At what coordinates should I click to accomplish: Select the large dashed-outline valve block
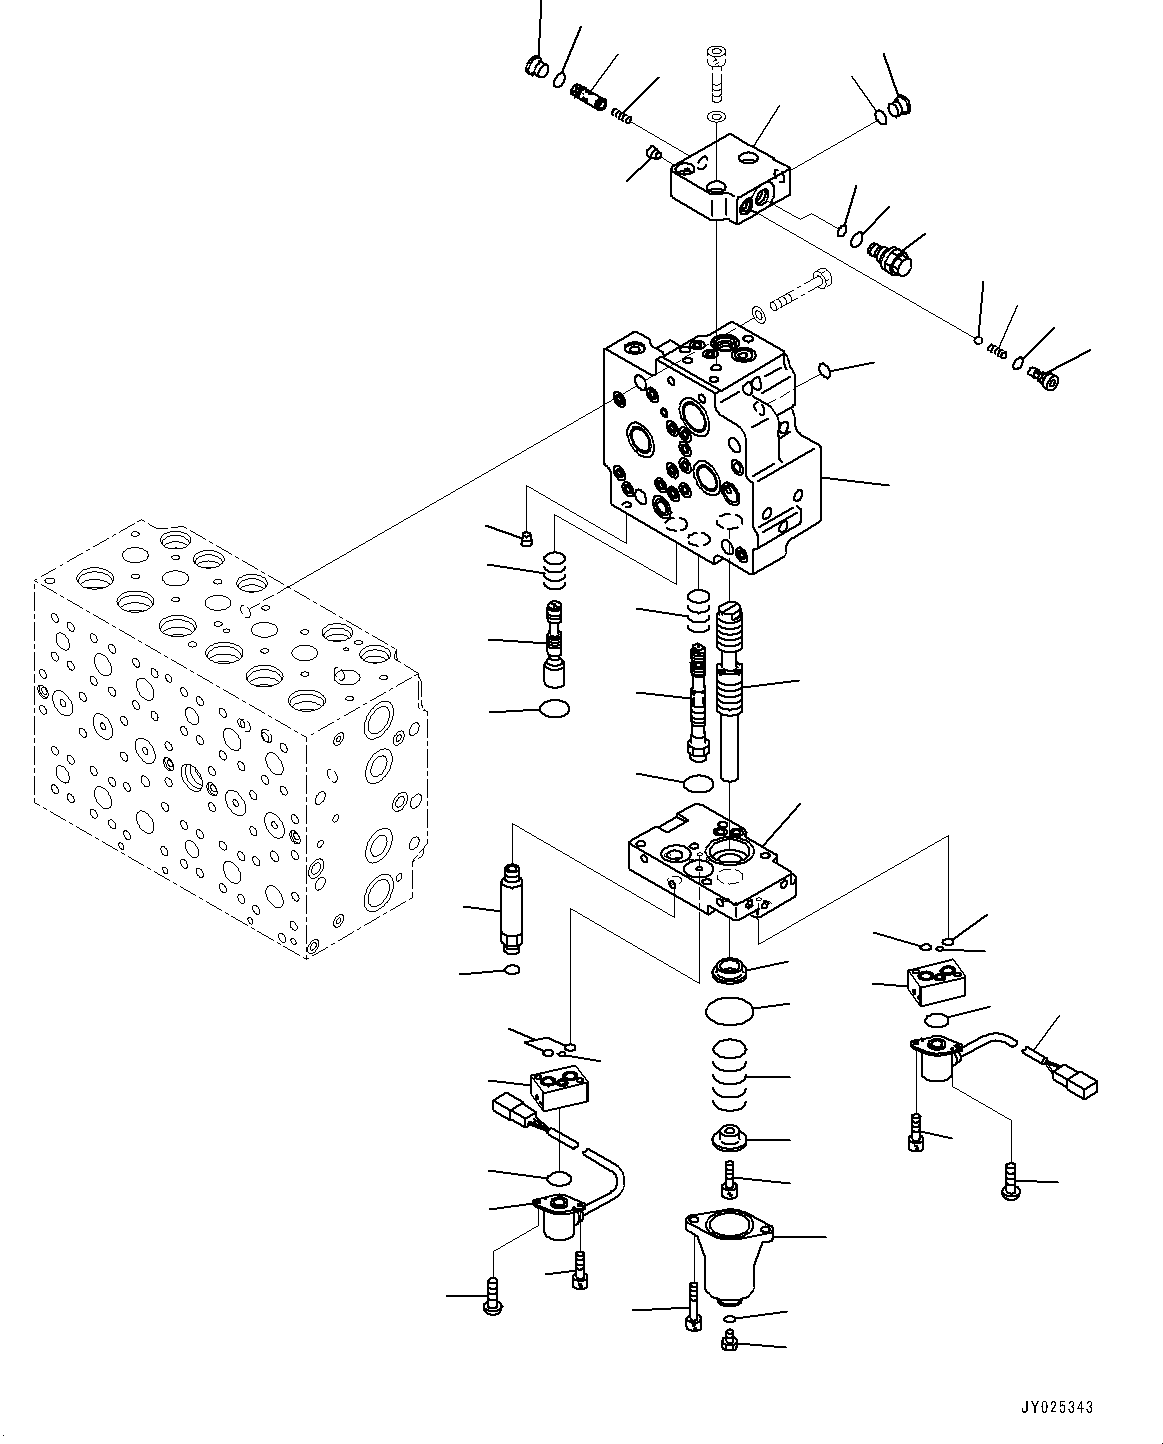[220, 740]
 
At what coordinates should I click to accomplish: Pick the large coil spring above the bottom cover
[729, 1075]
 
